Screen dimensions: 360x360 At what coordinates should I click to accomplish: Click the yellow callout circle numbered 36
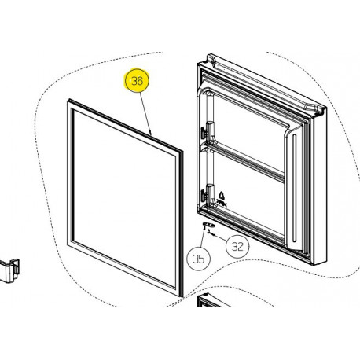click(x=137, y=80)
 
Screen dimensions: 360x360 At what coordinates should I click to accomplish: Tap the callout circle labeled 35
click(x=199, y=259)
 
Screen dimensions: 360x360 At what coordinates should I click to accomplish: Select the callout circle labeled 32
click(x=237, y=247)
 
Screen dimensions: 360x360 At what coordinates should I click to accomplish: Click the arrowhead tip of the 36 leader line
click(x=151, y=135)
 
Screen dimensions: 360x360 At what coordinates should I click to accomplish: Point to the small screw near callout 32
click(x=211, y=233)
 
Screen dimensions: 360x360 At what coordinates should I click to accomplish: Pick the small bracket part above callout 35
click(x=208, y=225)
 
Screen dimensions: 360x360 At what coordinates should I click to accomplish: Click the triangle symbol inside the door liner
click(x=222, y=196)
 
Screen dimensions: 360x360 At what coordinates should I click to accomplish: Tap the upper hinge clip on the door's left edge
click(x=204, y=132)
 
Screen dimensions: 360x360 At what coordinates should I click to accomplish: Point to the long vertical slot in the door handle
click(x=294, y=189)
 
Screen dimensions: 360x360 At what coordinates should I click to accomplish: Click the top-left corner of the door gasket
click(x=69, y=100)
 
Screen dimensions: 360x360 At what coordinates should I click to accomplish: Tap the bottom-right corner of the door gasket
click(x=181, y=296)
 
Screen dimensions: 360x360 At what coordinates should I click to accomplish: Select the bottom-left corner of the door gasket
click(x=68, y=245)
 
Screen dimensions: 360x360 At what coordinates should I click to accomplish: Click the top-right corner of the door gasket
click(x=182, y=152)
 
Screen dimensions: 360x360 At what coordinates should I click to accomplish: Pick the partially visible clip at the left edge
click(x=9, y=270)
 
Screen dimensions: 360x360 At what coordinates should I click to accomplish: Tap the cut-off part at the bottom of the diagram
click(x=210, y=300)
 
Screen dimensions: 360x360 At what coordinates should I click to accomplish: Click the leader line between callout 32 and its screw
click(x=220, y=238)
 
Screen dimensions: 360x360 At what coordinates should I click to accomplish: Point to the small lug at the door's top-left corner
click(x=211, y=58)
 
